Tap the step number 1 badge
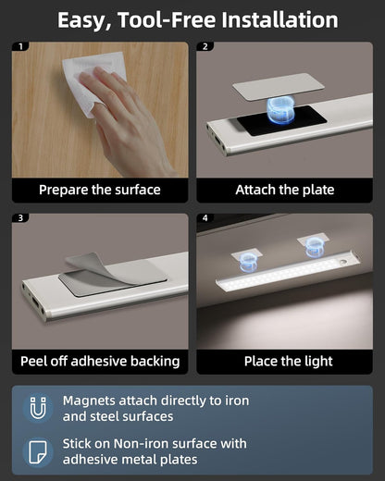point(22,46)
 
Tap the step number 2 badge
point(206,46)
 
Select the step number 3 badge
point(22,219)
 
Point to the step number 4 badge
point(206,219)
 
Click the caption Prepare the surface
point(99,190)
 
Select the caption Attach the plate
point(284,190)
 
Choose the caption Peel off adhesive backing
point(99,361)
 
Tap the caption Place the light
point(284,361)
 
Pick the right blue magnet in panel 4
point(312,246)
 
